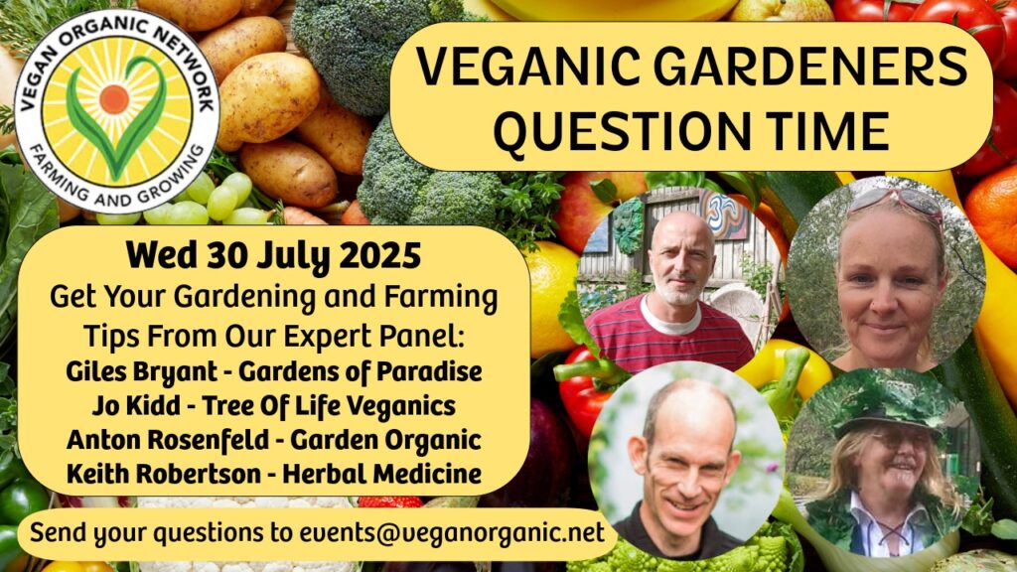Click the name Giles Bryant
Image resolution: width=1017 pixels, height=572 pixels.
(x=142, y=372)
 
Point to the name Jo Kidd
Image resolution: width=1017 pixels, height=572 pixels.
(x=136, y=406)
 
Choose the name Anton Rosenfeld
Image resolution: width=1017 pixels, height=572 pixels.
(x=168, y=440)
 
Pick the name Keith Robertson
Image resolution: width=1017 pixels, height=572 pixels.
(x=164, y=474)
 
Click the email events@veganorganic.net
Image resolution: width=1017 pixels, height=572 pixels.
(x=452, y=532)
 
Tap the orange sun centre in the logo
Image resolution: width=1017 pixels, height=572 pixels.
(x=114, y=98)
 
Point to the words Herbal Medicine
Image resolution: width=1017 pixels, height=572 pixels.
(x=382, y=474)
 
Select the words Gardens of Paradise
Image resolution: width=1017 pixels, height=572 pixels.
(x=361, y=372)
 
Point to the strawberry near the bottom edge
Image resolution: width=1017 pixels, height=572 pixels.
(x=389, y=501)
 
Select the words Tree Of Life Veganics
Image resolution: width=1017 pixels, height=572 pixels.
(x=329, y=406)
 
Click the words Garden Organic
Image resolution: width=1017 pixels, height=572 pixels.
(x=385, y=440)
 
